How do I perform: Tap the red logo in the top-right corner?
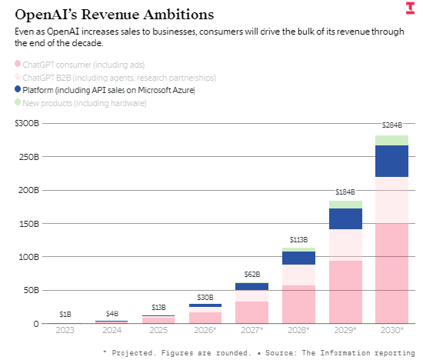click(x=410, y=8)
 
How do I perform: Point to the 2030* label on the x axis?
click(x=392, y=330)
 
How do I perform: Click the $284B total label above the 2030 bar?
click(x=392, y=125)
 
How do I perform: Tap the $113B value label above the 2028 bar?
click(x=298, y=239)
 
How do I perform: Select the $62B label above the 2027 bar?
click(x=252, y=274)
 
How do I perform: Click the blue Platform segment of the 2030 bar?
click(x=392, y=161)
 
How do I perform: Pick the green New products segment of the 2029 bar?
click(x=345, y=205)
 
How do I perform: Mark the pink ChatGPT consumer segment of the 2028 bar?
click(x=298, y=304)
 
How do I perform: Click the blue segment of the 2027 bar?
click(x=252, y=286)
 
